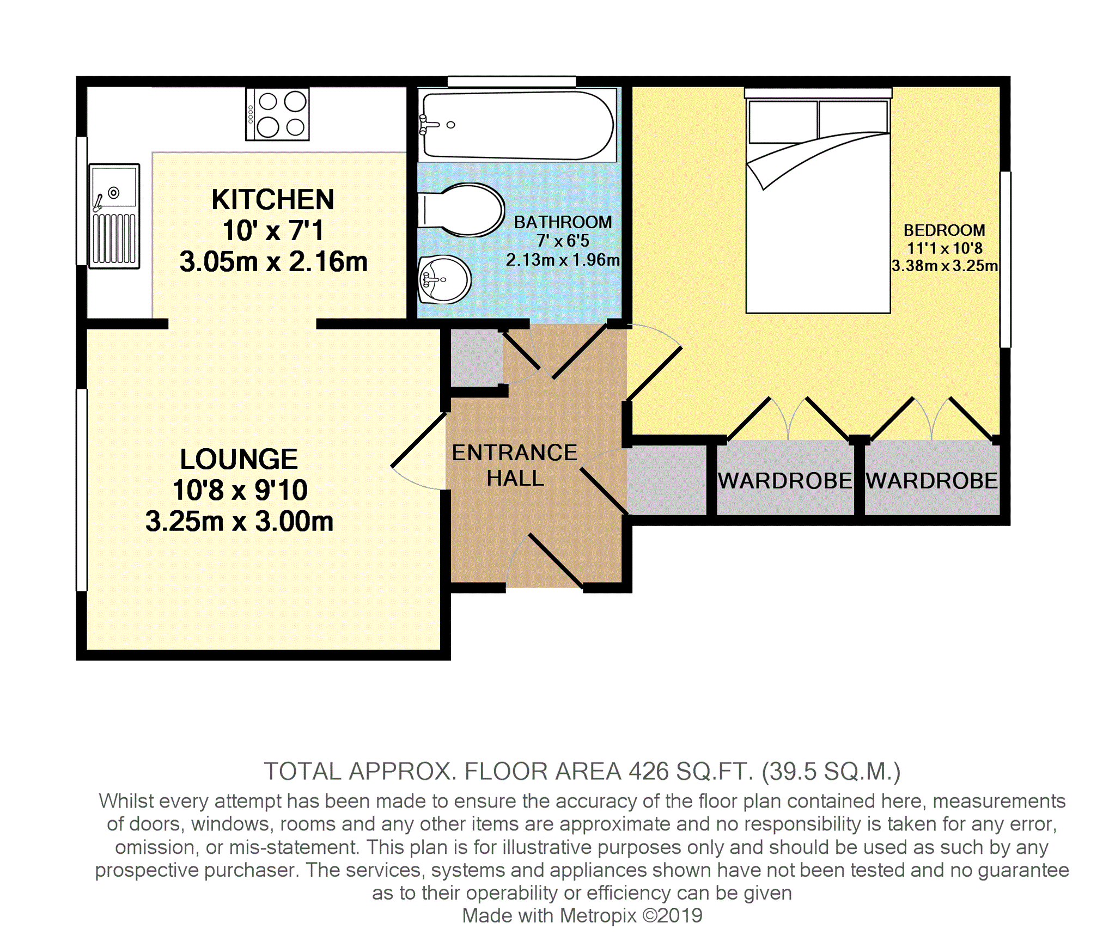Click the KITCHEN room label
[273, 199]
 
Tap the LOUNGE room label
[239, 459]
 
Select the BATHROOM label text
[563, 222]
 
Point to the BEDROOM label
[944, 230]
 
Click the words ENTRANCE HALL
[515, 466]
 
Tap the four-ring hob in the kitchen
[277, 114]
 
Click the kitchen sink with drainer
[114, 216]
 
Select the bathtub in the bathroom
[517, 125]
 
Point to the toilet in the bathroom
[461, 210]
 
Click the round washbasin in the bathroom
[444, 279]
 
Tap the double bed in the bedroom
[818, 201]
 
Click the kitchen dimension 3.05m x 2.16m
[273, 262]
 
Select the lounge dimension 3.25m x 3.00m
[239, 522]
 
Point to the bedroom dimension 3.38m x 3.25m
[944, 266]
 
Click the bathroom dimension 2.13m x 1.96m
[563, 260]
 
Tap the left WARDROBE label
[785, 481]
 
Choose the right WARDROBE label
[932, 481]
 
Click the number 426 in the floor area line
[648, 772]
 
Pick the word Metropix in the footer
[598, 915]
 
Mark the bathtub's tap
[428, 125]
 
